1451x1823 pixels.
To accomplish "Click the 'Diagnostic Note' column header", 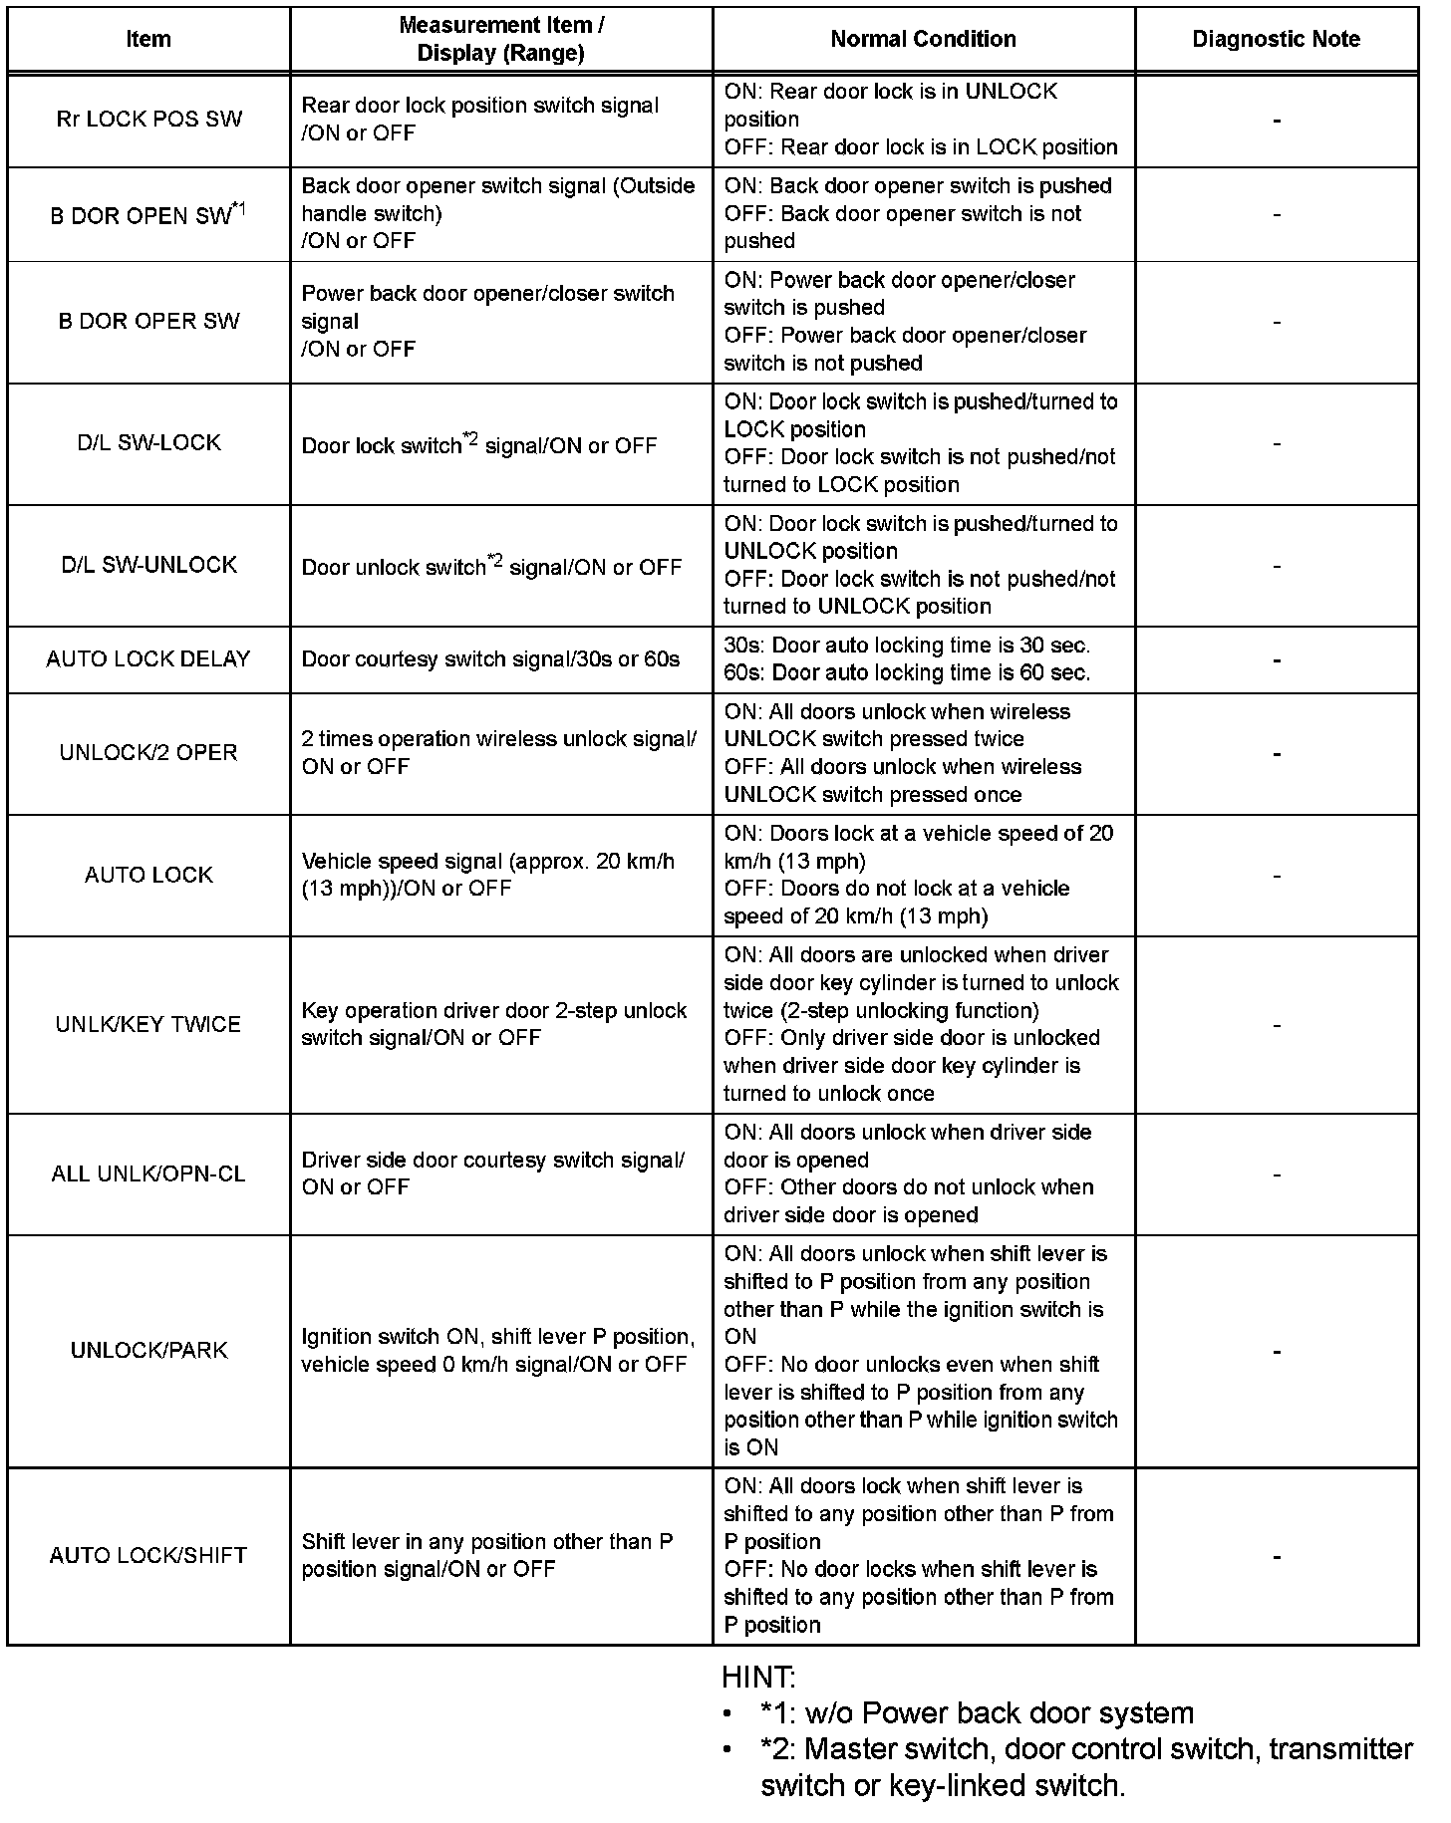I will pos(1276,39).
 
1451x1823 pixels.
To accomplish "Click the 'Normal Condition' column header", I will pos(923,39).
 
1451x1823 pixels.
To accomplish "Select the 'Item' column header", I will pos(148,39).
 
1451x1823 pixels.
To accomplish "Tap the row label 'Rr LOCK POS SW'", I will pos(148,120).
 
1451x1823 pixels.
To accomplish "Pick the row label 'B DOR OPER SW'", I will pos(148,321).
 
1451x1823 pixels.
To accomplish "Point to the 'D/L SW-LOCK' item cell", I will pos(148,442).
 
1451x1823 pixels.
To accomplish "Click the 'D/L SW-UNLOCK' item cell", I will pos(148,565).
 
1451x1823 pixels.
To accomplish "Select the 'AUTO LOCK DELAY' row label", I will pos(148,658).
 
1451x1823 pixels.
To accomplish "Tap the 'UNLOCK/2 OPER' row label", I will pos(148,752).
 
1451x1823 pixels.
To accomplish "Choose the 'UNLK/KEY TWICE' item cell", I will pos(148,1024).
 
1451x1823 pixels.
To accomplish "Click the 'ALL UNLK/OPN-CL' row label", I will pos(148,1173).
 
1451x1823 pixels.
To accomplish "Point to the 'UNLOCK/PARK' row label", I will pos(148,1350).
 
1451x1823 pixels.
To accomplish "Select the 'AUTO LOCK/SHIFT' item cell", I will pos(148,1555).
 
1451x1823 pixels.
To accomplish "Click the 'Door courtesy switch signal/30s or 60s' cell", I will pos(490,658).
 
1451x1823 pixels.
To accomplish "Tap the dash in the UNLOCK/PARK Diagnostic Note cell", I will pos(1277,1352).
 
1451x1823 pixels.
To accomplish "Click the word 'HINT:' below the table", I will pos(758,1678).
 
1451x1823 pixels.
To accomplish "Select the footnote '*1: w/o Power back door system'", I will pos(976,1713).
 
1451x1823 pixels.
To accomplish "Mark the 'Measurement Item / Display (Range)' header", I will pos(500,39).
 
